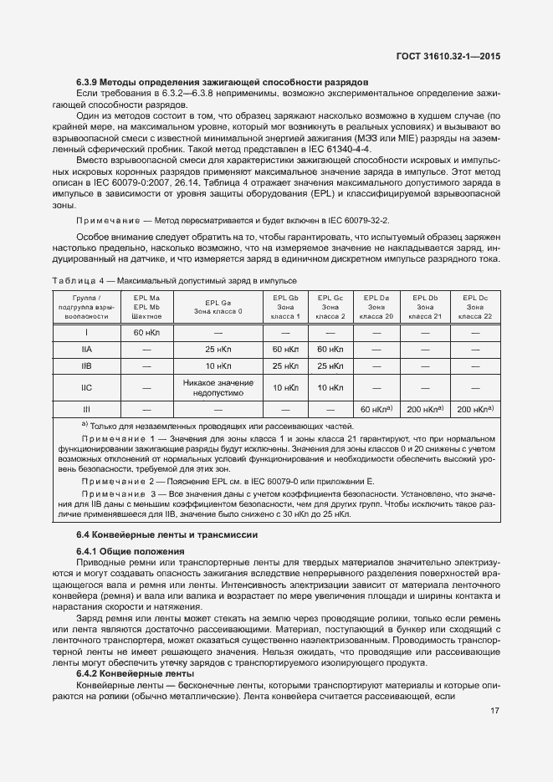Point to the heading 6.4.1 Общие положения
click(x=130, y=551)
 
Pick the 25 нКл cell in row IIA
click(x=218, y=349)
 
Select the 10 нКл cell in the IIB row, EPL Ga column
click(x=218, y=366)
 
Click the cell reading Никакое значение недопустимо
click(x=218, y=387)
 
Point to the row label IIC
click(x=87, y=387)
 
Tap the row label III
click(x=87, y=409)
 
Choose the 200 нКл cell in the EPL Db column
click(x=424, y=409)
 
